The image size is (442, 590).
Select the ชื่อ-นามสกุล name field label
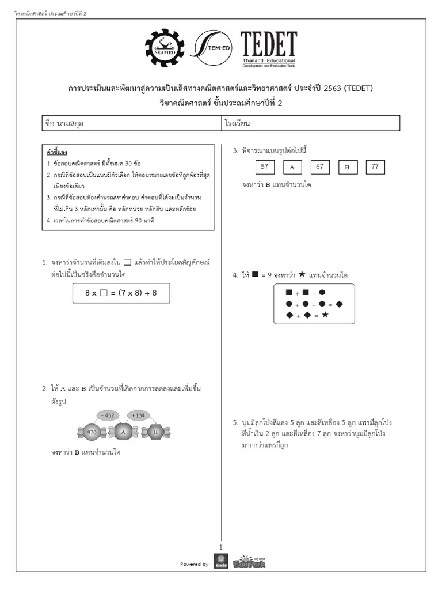pyautogui.click(x=64, y=123)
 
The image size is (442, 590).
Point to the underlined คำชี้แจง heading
pyautogui.click(x=57, y=152)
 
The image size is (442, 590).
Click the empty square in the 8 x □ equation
pyautogui.click(x=104, y=293)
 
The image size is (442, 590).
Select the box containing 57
pyautogui.click(x=265, y=167)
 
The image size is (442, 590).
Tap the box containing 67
pyautogui.click(x=319, y=167)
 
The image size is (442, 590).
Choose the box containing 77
pyautogui.click(x=375, y=167)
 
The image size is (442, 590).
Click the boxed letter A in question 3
pyautogui.click(x=292, y=167)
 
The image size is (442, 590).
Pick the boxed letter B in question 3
pyautogui.click(x=347, y=167)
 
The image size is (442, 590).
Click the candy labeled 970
pyautogui.click(x=91, y=432)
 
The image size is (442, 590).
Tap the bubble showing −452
pyautogui.click(x=108, y=414)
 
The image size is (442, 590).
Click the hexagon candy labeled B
pyautogui.click(x=154, y=432)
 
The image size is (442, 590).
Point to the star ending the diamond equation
pyautogui.click(x=325, y=315)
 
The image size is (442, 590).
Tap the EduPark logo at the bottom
pyautogui.click(x=249, y=562)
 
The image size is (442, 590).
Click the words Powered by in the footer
pyautogui.click(x=194, y=564)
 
